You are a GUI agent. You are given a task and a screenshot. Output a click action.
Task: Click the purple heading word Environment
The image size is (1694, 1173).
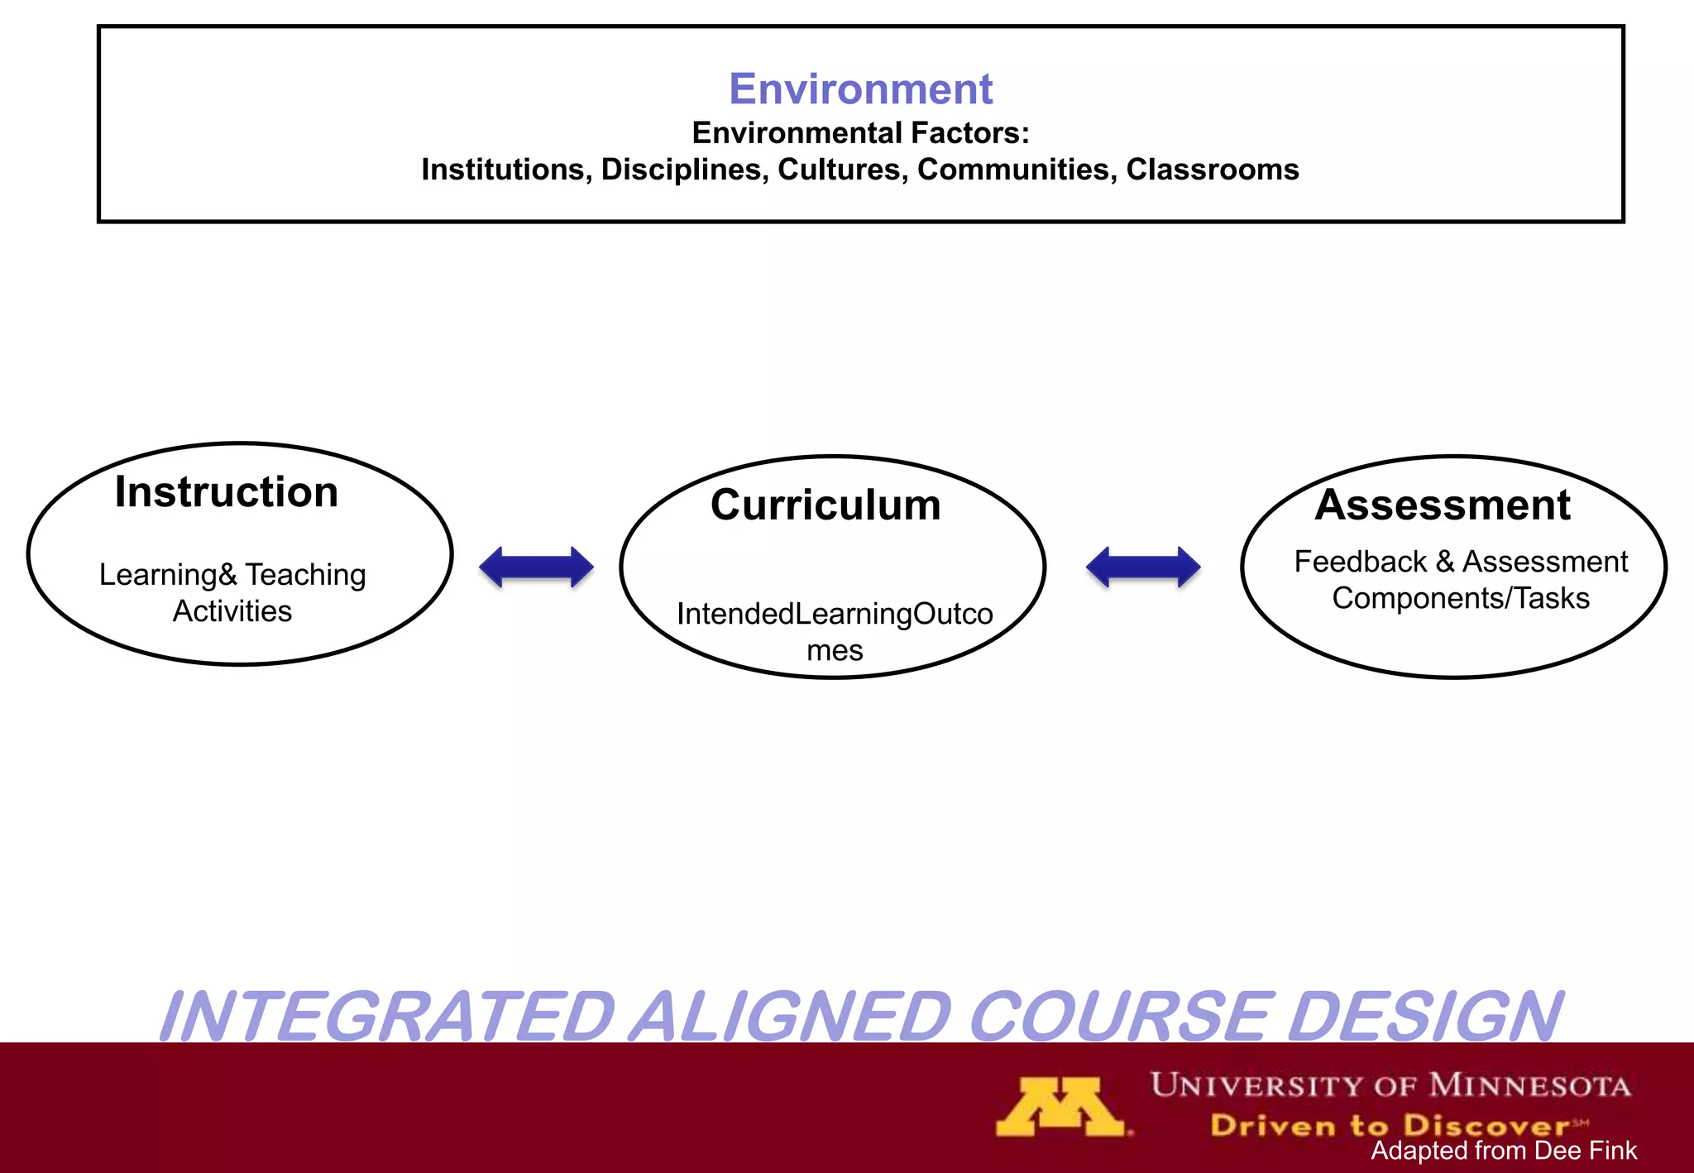coord(860,89)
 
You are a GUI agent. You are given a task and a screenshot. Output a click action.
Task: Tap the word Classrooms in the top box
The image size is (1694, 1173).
coord(1212,170)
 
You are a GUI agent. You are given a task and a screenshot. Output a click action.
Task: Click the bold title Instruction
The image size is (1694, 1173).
coord(227,492)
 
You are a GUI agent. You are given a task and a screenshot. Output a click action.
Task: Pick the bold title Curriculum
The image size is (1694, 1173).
coord(825,505)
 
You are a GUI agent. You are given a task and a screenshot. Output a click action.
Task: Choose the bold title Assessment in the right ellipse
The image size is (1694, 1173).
coord(1443,505)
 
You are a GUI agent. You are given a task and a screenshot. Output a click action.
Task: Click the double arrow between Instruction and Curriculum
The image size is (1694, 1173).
coord(536,567)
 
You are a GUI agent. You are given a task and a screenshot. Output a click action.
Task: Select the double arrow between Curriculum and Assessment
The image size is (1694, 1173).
coord(1142,567)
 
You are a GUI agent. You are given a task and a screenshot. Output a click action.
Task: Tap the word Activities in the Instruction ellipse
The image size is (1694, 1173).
coord(232,611)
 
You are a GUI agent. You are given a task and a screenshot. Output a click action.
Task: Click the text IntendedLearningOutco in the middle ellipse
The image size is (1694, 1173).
coord(835,615)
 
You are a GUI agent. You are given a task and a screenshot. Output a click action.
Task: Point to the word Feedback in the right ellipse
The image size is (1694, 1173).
coord(1360,563)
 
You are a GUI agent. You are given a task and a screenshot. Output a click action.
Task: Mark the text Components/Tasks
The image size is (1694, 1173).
coord(1461,598)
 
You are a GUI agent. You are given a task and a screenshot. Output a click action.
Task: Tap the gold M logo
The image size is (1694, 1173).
coord(1061,1106)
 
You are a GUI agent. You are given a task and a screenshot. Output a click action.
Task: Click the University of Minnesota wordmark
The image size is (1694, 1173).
coord(1390,1084)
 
